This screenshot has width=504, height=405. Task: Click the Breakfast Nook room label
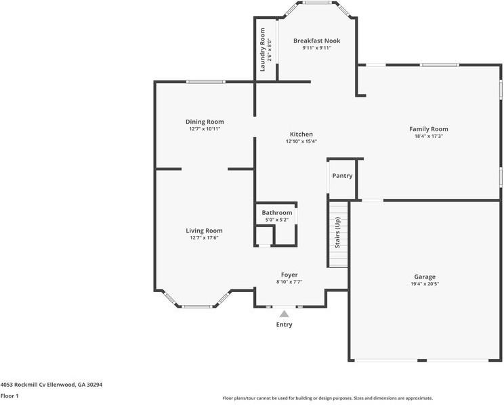[x=316, y=41]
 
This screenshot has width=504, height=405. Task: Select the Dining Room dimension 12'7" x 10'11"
[x=205, y=128]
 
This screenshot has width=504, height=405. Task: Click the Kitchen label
[x=301, y=134]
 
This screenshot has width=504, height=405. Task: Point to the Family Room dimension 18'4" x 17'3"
[x=428, y=136]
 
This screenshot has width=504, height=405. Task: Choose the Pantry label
[x=342, y=176]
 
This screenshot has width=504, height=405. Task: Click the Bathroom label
[x=277, y=212]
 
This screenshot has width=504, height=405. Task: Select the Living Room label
[x=204, y=231]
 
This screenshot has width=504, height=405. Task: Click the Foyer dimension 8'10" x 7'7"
[x=289, y=282]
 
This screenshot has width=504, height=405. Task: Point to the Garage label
[x=425, y=277]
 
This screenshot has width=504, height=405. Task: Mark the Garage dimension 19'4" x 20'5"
[x=425, y=284]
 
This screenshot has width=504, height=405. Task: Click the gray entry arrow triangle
[x=285, y=314]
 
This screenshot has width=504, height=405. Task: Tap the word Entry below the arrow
[x=285, y=325]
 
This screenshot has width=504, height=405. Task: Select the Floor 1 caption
[x=9, y=396]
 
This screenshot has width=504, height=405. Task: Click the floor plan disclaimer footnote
[x=327, y=398]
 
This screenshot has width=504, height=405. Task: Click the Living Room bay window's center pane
[x=197, y=306]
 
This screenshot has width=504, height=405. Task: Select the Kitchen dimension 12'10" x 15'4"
[x=301, y=141]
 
